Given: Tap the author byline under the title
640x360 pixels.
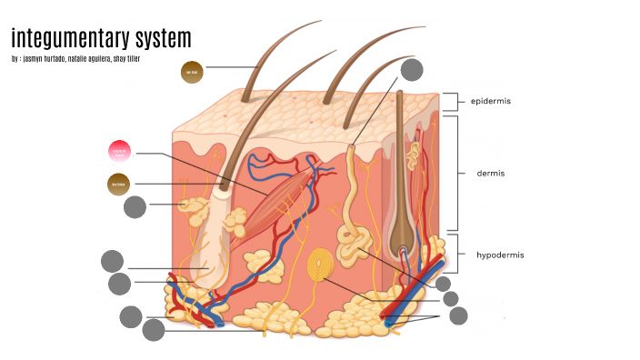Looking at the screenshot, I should [x=76, y=59].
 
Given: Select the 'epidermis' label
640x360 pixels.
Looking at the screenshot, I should [x=490, y=101].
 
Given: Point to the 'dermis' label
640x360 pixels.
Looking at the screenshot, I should [x=490, y=173].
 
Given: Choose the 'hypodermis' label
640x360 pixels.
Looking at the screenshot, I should [x=499, y=255].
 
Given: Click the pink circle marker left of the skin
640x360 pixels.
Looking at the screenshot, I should [x=120, y=151].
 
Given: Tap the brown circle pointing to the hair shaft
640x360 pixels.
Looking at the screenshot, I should [x=192, y=72].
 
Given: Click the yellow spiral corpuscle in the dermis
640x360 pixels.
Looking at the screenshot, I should [x=319, y=265].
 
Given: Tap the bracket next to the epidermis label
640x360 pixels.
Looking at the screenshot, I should [x=452, y=101].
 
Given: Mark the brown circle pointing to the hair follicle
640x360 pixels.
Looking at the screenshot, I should [x=119, y=185].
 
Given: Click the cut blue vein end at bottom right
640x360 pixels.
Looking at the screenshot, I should [x=389, y=321].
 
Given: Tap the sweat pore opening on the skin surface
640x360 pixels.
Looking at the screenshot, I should [x=352, y=145].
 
